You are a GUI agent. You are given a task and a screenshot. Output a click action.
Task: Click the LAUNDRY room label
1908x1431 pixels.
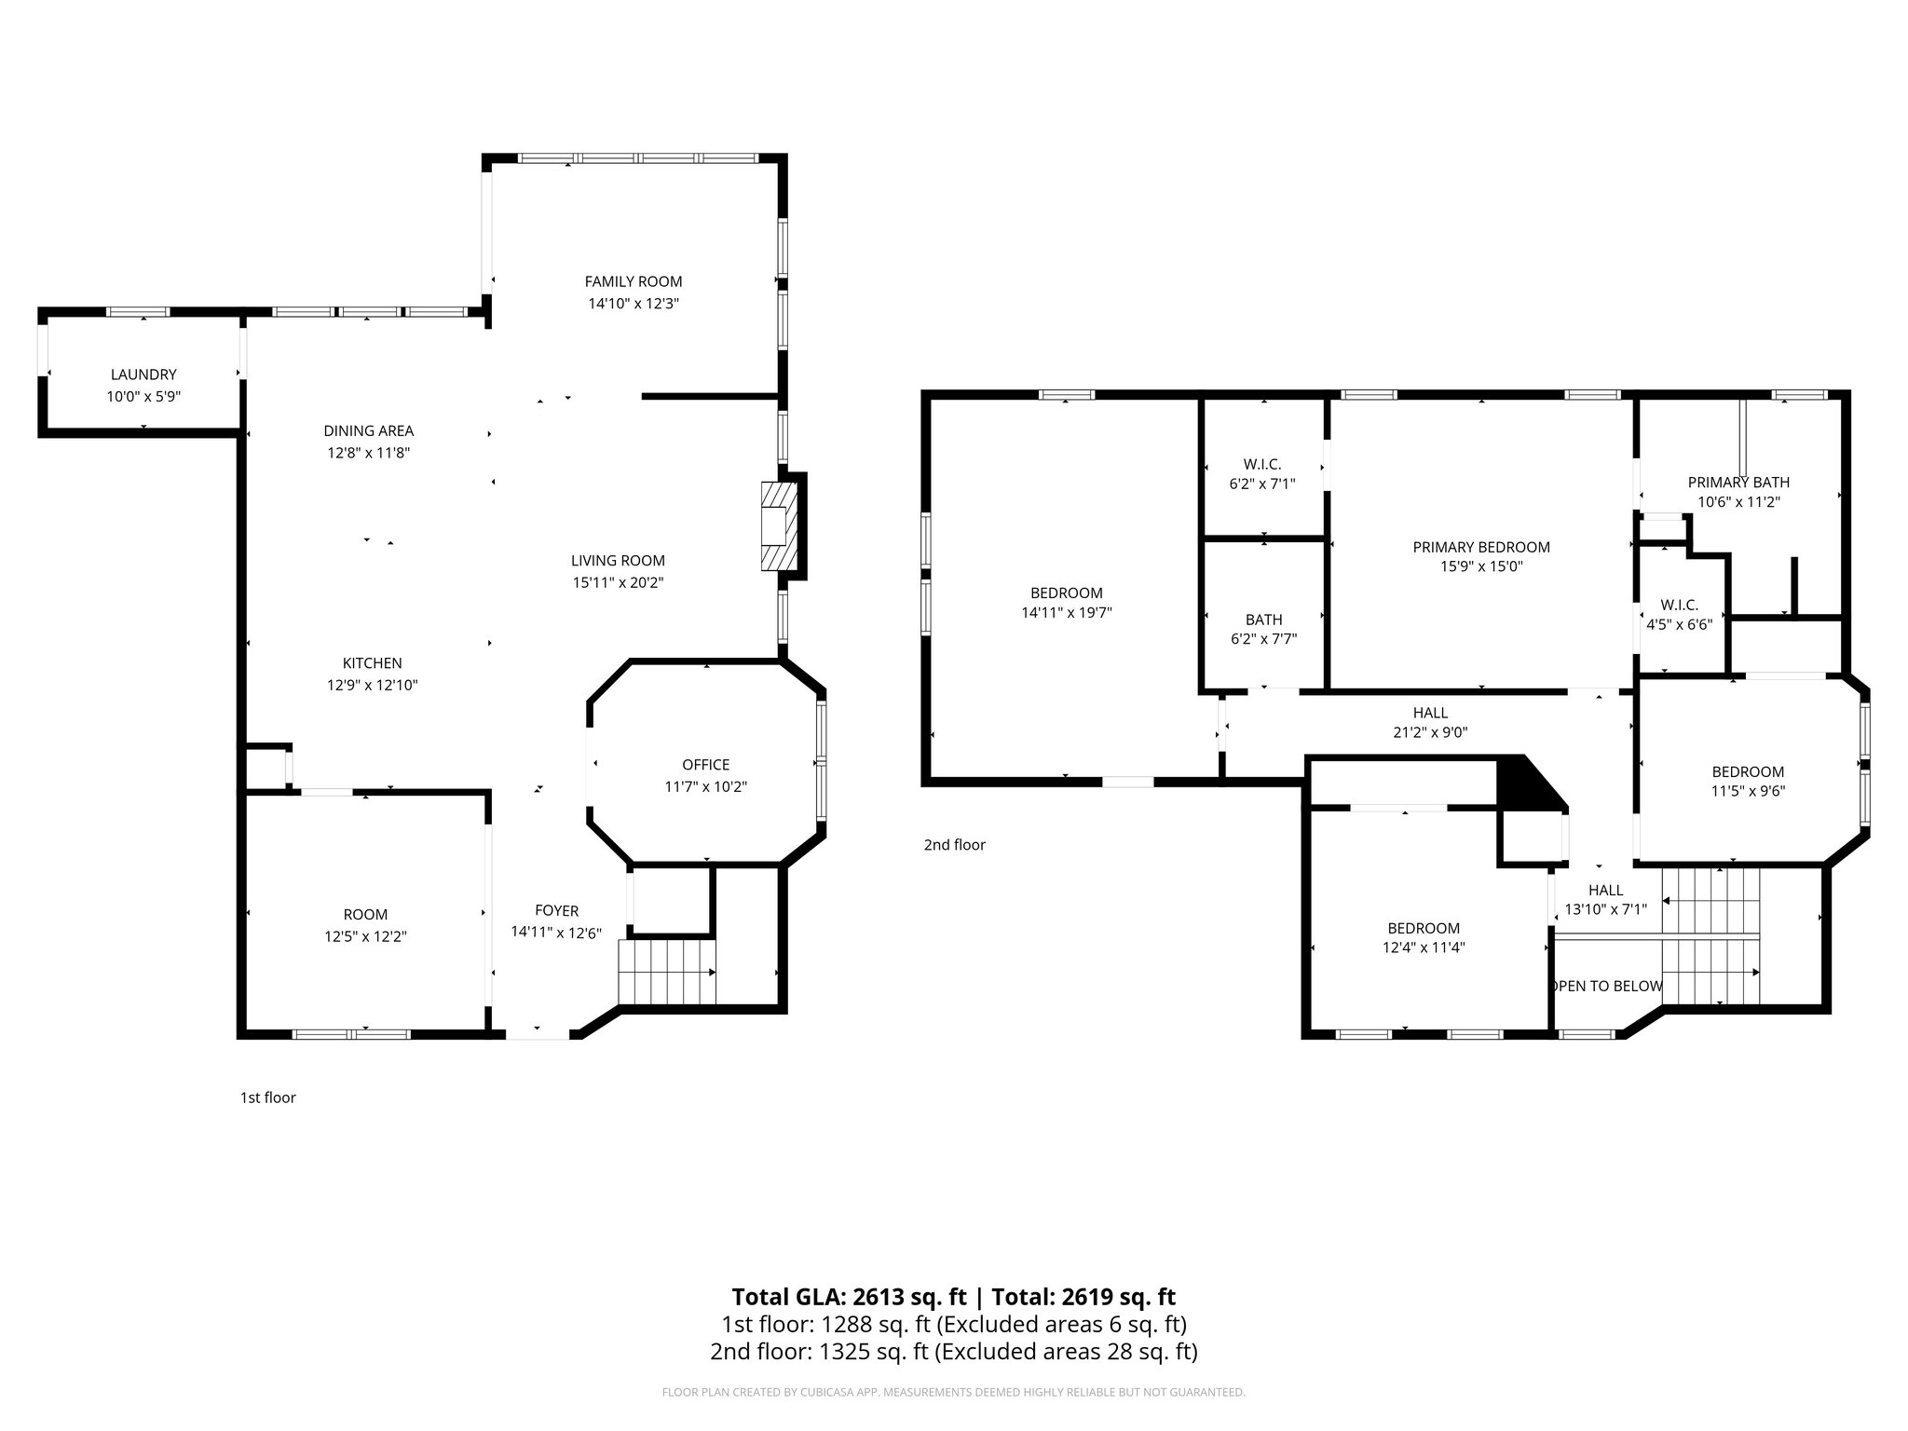pos(143,375)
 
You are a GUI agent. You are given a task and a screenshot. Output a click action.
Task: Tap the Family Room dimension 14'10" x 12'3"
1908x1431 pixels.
pos(634,304)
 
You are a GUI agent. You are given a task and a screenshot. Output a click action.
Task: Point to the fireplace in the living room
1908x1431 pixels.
pos(780,526)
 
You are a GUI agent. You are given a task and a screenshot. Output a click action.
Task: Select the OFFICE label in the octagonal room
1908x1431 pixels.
pos(705,765)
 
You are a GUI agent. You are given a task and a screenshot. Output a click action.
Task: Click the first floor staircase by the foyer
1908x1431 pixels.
pos(667,972)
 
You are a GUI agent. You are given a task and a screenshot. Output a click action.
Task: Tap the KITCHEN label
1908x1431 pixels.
pos(373,663)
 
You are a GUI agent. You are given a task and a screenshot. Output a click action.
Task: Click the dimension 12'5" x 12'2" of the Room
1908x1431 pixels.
pos(365,936)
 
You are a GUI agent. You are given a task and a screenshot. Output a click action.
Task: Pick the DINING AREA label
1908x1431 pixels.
pos(369,430)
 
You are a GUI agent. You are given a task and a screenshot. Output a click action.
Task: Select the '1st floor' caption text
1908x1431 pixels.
pos(268,1097)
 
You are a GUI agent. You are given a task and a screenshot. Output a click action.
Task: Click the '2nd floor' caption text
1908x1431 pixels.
pos(954,845)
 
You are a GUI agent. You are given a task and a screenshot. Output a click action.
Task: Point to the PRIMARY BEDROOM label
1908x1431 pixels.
pos(1481,547)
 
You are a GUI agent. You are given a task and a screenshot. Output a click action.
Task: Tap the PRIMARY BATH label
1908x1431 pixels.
pos(1738,483)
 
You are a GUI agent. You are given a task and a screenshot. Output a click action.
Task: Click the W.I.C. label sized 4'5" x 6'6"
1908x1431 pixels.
pos(1679,605)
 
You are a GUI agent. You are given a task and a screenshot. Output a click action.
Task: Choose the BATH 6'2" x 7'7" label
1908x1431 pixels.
pos(1263,620)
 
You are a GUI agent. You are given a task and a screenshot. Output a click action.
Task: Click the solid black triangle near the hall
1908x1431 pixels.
pos(1522,783)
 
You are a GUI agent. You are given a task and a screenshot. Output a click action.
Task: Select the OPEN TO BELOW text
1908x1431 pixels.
pos(1606,986)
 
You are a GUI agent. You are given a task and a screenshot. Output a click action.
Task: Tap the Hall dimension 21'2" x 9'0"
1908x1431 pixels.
pos(1430,732)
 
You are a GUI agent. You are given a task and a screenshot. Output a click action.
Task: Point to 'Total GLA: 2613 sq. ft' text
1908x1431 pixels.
pos(850,1297)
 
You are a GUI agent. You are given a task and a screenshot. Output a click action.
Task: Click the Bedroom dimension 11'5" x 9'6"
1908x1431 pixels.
pos(1748,791)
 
